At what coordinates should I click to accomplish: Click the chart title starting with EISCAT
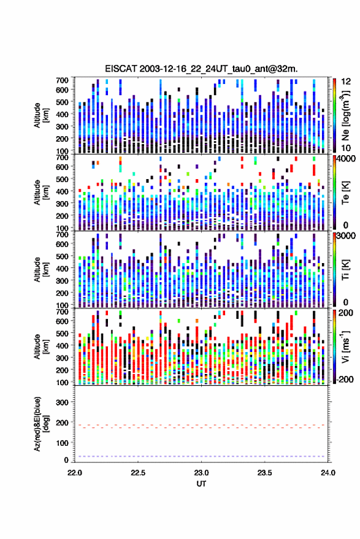(x=201, y=69)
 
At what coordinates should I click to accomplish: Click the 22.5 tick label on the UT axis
(x=138, y=473)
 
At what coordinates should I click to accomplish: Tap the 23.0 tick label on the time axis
(x=201, y=473)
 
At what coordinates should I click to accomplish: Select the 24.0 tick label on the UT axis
(x=328, y=473)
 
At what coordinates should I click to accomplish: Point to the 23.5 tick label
(x=264, y=473)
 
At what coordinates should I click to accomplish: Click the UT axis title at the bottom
(x=201, y=484)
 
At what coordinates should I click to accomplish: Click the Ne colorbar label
(x=345, y=115)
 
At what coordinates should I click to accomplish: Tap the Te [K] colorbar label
(x=345, y=193)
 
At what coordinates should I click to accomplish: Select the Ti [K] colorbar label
(x=345, y=270)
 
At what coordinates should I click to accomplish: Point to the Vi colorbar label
(x=345, y=346)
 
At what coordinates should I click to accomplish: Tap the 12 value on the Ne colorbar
(x=346, y=82)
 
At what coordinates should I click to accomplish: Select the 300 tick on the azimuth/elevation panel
(x=62, y=402)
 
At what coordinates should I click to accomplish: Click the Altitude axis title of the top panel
(x=41, y=115)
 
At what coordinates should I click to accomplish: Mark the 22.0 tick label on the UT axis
(x=75, y=473)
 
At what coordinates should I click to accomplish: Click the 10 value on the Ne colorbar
(x=346, y=148)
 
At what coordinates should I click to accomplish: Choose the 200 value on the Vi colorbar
(x=345, y=313)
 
